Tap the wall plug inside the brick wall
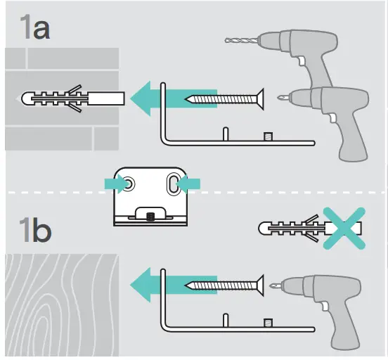pyautogui.click(x=70, y=97)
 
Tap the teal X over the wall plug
pyautogui.click(x=343, y=228)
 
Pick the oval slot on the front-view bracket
pyautogui.click(x=171, y=183)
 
